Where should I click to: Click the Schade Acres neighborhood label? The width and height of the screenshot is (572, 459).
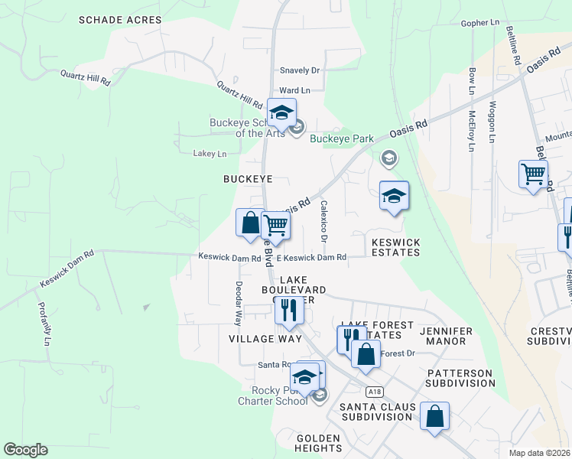pyautogui.click(x=120, y=20)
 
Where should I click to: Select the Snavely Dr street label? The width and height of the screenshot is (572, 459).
pyautogui.click(x=299, y=70)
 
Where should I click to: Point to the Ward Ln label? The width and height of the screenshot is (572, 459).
pyautogui.click(x=294, y=90)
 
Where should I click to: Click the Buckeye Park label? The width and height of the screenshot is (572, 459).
pyautogui.click(x=341, y=139)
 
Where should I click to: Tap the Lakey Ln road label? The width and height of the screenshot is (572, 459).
pyautogui.click(x=210, y=154)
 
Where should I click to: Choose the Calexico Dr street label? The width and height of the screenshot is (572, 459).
pyautogui.click(x=324, y=223)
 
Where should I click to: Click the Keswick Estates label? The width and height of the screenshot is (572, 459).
pyautogui.click(x=395, y=246)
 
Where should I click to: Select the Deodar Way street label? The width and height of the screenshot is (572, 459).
pyautogui.click(x=238, y=303)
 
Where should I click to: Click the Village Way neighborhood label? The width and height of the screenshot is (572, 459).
pyautogui.click(x=265, y=338)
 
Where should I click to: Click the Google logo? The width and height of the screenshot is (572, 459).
pyautogui.click(x=25, y=450)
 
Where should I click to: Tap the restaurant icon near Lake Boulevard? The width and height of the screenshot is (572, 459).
pyautogui.click(x=288, y=311)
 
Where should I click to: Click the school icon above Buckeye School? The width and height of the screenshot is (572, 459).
pyautogui.click(x=281, y=113)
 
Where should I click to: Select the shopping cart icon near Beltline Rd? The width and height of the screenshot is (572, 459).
pyautogui.click(x=533, y=174)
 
